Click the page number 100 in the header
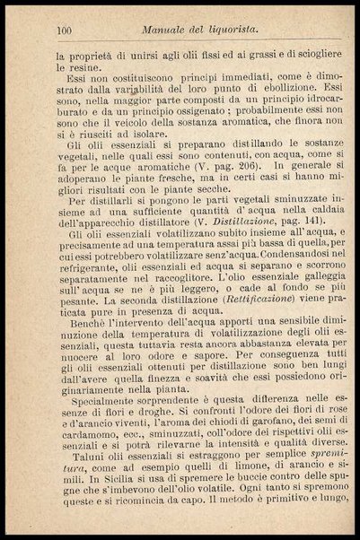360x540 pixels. (x=64, y=31)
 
